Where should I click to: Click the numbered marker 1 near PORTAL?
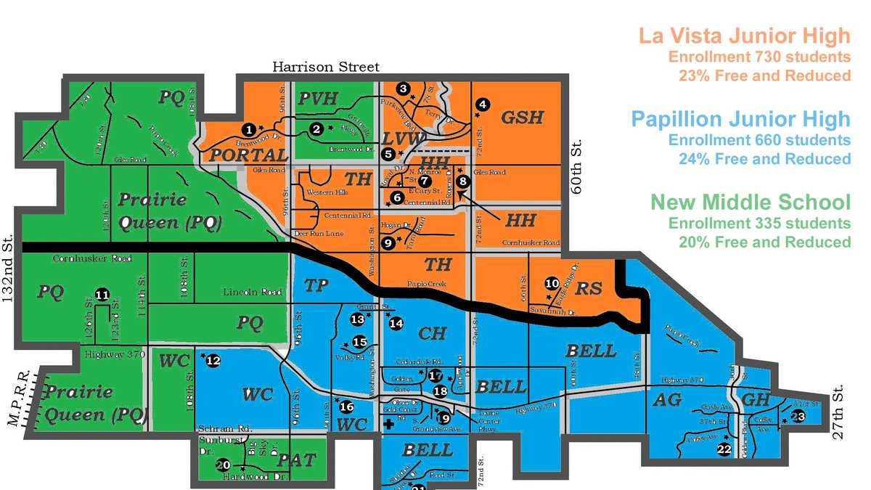pos(249,129)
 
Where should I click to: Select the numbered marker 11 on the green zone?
pos(102,295)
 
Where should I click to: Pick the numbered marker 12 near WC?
pos(213,360)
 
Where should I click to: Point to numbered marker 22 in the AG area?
pos(723,449)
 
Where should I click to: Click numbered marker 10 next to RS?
pos(552,284)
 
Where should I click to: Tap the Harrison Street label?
pos(326,68)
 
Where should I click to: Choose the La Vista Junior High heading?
pos(743,36)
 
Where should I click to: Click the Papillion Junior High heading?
pos(740,119)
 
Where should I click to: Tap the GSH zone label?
pos(523,117)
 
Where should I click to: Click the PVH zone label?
pos(319,99)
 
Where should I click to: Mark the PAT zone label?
pos(297,460)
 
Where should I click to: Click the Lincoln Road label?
pos(251,292)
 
